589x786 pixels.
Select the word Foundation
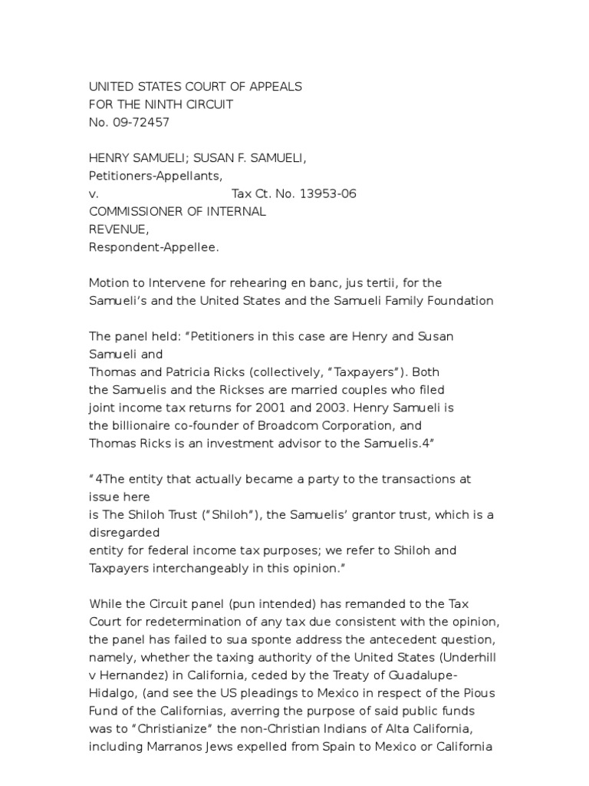(456, 300)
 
